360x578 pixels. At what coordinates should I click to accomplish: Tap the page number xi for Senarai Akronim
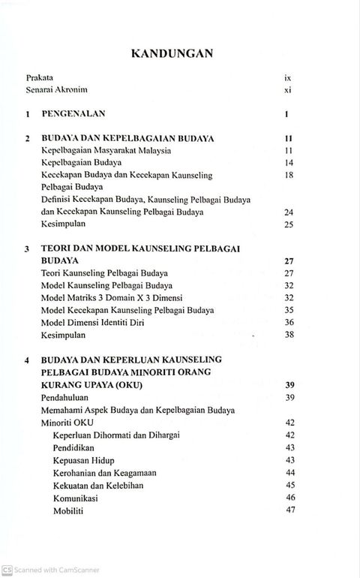[x=287, y=90]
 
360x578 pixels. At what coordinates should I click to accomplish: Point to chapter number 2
[x=27, y=139]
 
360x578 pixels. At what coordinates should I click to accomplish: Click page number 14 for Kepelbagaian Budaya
[x=287, y=163]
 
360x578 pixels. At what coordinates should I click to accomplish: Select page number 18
[x=287, y=175]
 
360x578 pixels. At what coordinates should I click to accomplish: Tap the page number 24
[x=287, y=212]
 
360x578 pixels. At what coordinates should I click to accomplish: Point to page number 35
[x=287, y=310]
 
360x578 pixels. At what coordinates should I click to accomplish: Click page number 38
[x=287, y=335]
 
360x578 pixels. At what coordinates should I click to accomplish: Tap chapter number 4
[x=27, y=360]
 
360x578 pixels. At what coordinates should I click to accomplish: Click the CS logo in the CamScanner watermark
[x=7, y=570]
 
